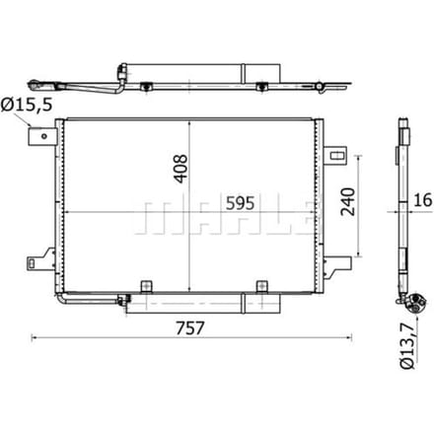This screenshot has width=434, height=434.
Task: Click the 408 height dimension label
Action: [x=181, y=169]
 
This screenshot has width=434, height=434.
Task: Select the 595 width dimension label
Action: [x=240, y=203]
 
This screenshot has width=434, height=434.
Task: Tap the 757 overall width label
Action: [x=190, y=327]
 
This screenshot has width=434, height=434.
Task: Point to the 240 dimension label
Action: [x=348, y=201]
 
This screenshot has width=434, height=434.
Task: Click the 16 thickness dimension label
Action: [x=422, y=200]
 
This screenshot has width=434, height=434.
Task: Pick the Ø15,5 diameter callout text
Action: [x=27, y=105]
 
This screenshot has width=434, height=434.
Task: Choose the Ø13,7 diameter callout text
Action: [x=407, y=346]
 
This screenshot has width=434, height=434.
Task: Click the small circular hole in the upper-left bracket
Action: [x=44, y=136]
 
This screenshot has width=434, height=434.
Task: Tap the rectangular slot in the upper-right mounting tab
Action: [x=336, y=155]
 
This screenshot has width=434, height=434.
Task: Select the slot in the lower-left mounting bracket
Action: [x=32, y=262]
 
